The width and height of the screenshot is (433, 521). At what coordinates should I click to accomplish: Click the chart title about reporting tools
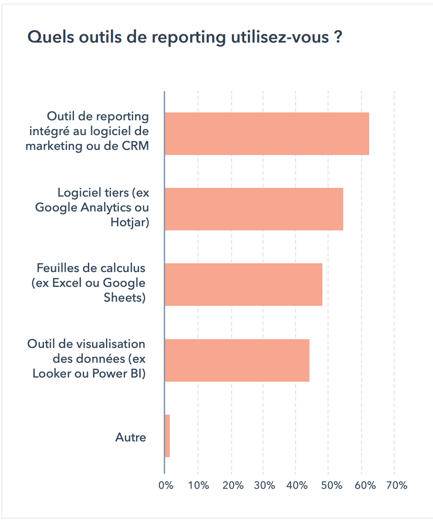(185, 37)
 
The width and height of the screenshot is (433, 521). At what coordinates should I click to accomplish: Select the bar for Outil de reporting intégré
(267, 133)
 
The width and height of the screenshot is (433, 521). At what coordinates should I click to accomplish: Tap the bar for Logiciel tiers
(254, 209)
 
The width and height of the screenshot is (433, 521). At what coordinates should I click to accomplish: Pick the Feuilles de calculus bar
(243, 284)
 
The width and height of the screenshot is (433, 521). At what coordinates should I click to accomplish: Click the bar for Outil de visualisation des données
(237, 360)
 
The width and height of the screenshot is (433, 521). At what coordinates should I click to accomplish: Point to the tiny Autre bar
(167, 435)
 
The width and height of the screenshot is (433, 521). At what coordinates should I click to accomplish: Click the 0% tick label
(166, 485)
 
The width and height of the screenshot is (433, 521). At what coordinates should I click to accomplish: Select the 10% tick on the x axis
(198, 485)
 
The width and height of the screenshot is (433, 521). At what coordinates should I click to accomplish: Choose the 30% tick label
(264, 485)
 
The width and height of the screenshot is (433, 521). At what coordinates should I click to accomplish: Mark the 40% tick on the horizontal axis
(297, 485)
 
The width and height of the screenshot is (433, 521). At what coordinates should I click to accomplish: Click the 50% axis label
(330, 485)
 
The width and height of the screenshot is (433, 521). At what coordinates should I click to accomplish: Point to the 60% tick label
(363, 485)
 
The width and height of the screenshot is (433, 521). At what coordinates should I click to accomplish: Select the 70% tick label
(396, 485)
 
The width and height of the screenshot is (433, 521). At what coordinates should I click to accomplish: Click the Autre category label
(130, 437)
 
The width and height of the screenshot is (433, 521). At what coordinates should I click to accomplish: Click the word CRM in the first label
(134, 146)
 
